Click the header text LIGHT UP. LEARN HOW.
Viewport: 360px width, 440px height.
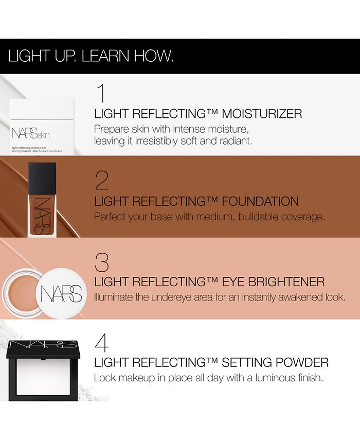point(91,56)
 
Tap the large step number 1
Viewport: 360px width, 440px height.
point(101,93)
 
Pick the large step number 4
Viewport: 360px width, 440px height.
point(101,343)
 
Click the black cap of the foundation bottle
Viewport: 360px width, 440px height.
point(42,175)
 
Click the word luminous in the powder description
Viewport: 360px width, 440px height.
point(273,378)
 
